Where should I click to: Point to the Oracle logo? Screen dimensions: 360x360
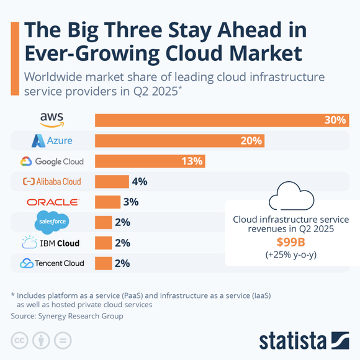53,202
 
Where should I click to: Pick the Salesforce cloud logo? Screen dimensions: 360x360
52,222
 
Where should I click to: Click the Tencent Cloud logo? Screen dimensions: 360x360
52,263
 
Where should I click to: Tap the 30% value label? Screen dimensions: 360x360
335,120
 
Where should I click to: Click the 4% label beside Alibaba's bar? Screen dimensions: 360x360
138,182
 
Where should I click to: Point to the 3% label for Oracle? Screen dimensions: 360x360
130,202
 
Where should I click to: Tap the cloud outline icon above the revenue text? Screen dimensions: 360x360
290,197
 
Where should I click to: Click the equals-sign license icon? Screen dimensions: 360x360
62,340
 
